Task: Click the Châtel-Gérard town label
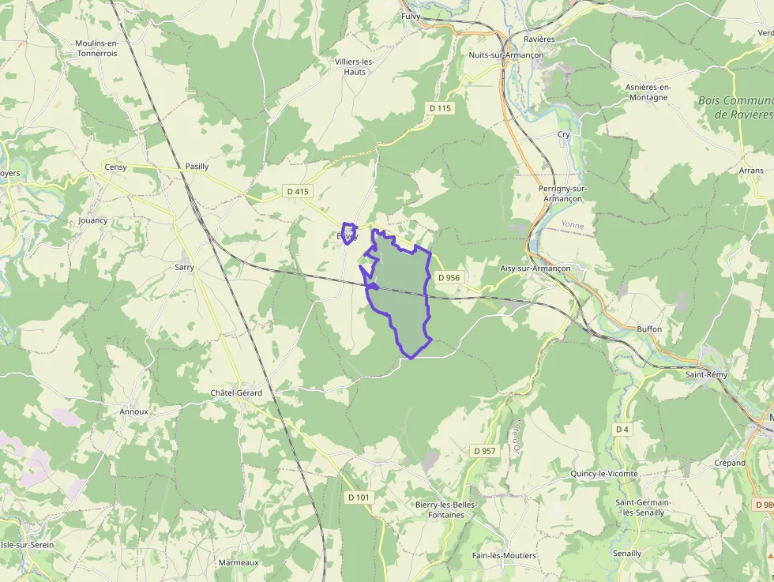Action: click(x=236, y=392)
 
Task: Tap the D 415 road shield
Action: click(x=298, y=191)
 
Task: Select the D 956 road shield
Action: click(x=448, y=277)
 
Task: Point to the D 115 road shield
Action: click(x=441, y=107)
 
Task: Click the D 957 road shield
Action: click(x=485, y=450)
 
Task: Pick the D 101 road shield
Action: click(x=359, y=497)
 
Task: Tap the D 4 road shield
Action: click(x=622, y=429)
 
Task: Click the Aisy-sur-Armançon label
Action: click(x=535, y=268)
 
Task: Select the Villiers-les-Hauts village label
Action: click(x=355, y=66)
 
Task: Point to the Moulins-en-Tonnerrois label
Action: click(x=96, y=48)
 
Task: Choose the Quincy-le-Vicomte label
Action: click(x=603, y=474)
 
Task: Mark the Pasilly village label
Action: click(x=197, y=167)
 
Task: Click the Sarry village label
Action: click(x=184, y=267)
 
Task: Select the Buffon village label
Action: click(x=649, y=329)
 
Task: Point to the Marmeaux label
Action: click(x=239, y=562)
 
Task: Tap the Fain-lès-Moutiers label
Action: click(x=504, y=555)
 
